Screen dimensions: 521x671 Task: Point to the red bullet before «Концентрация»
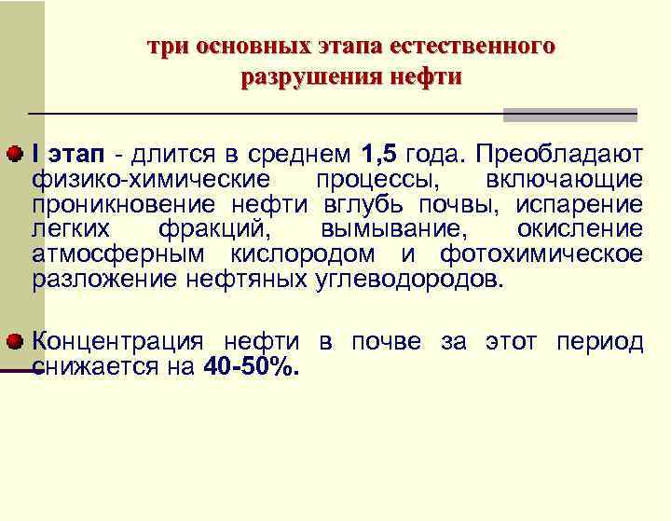18,342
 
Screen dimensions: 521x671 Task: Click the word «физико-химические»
151,178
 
